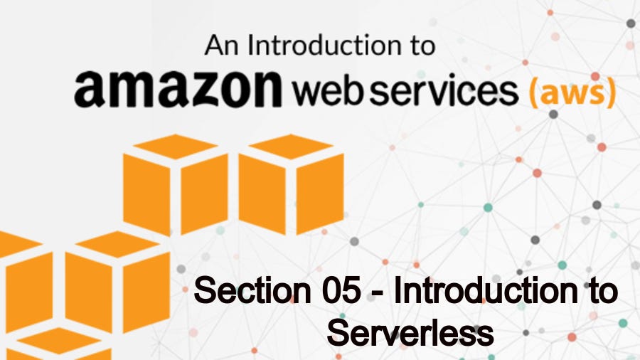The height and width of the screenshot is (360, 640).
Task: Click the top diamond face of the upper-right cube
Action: click(x=292, y=146)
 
